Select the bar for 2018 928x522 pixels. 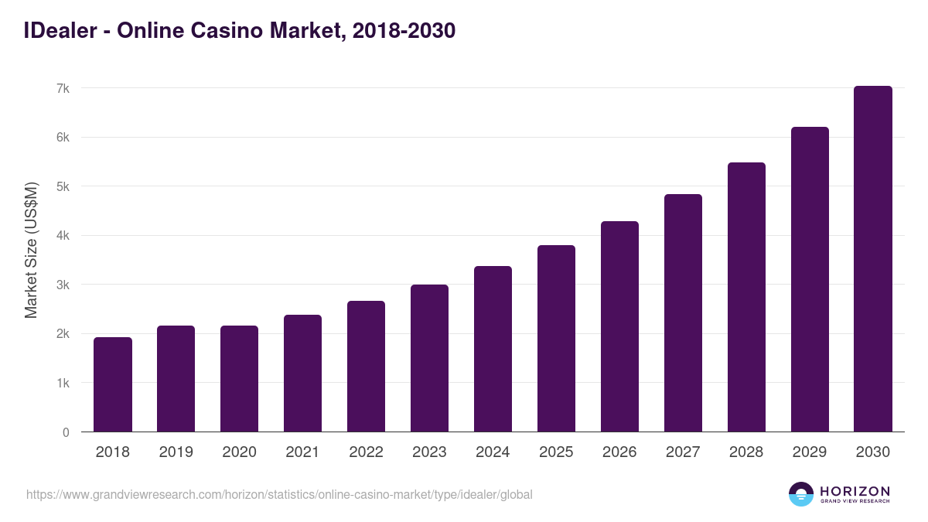pyautogui.click(x=113, y=384)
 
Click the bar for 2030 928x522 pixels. pyautogui.click(x=873, y=259)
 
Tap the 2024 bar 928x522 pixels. pyautogui.click(x=493, y=349)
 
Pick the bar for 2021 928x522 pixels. pyautogui.click(x=302, y=373)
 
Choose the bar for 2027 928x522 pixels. pyautogui.click(x=683, y=313)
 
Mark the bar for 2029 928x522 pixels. pyautogui.click(x=810, y=279)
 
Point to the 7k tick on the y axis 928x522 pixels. pyautogui.click(x=63, y=88)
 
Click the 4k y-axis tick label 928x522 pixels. pyautogui.click(x=63, y=236)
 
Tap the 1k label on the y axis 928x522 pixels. pyautogui.click(x=63, y=384)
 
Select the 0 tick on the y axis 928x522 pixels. pyautogui.click(x=66, y=432)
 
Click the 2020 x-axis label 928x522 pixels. pyautogui.click(x=239, y=452)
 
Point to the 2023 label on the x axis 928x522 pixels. pyautogui.click(x=429, y=452)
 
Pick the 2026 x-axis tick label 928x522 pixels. pyautogui.click(x=619, y=452)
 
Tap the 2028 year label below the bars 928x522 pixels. pyautogui.click(x=746, y=452)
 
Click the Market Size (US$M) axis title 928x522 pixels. pyautogui.click(x=31, y=250)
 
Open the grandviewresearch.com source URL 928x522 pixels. pyautogui.click(x=279, y=494)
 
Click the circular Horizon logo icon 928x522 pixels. pyautogui.click(x=801, y=494)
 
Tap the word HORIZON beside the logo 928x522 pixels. pyautogui.click(x=855, y=491)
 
